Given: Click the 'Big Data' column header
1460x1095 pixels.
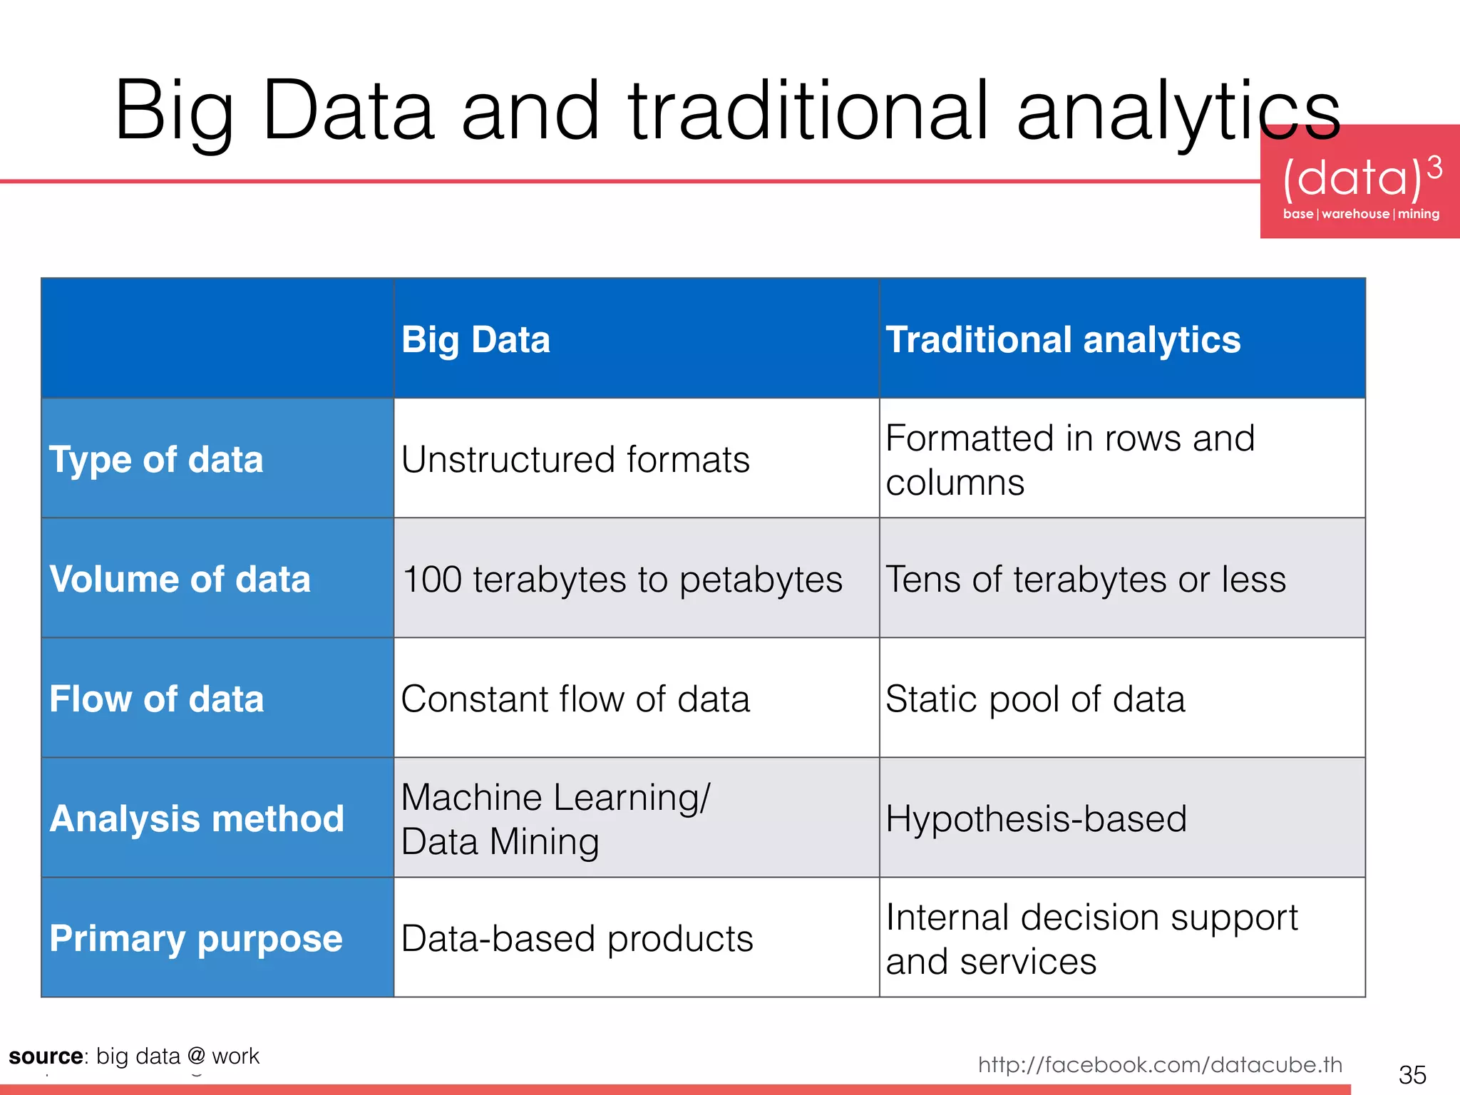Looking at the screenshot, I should click(475, 339).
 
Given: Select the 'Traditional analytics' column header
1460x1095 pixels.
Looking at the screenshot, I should click(1062, 339).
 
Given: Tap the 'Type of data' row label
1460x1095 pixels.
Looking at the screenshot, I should click(156, 459).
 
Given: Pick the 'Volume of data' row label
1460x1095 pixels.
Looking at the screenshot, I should click(180, 579).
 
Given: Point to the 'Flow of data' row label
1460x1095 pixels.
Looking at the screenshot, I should click(156, 699).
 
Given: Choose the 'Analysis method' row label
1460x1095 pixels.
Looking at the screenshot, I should click(197, 818).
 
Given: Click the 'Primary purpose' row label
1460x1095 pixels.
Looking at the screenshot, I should click(196, 938).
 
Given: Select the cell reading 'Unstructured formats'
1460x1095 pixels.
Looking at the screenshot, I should click(575, 459).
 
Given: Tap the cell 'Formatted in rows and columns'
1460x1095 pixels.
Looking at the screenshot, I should click(1069, 460).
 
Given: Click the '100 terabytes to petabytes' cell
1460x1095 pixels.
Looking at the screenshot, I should click(622, 579).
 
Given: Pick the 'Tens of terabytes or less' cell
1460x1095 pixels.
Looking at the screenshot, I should click(1085, 579).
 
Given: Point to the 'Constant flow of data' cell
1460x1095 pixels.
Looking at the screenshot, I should click(575, 699).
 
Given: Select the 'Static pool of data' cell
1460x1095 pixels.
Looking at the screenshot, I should click(1035, 699).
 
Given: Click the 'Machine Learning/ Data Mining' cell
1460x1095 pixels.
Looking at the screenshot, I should click(556, 818).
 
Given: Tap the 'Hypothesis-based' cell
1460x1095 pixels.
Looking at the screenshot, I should click(1036, 818).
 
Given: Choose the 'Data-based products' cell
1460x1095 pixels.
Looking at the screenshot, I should click(577, 938).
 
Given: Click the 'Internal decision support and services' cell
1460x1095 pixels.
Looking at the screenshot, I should click(1091, 938).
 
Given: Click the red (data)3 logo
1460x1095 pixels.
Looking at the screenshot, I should click(1359, 182).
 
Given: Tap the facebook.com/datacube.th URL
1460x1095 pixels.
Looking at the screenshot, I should click(1160, 1065).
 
